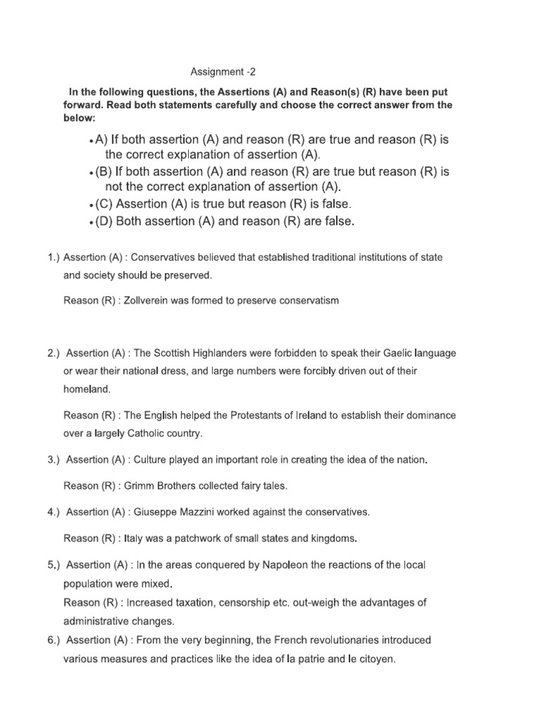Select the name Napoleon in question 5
[294, 565]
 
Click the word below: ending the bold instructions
[81, 119]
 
